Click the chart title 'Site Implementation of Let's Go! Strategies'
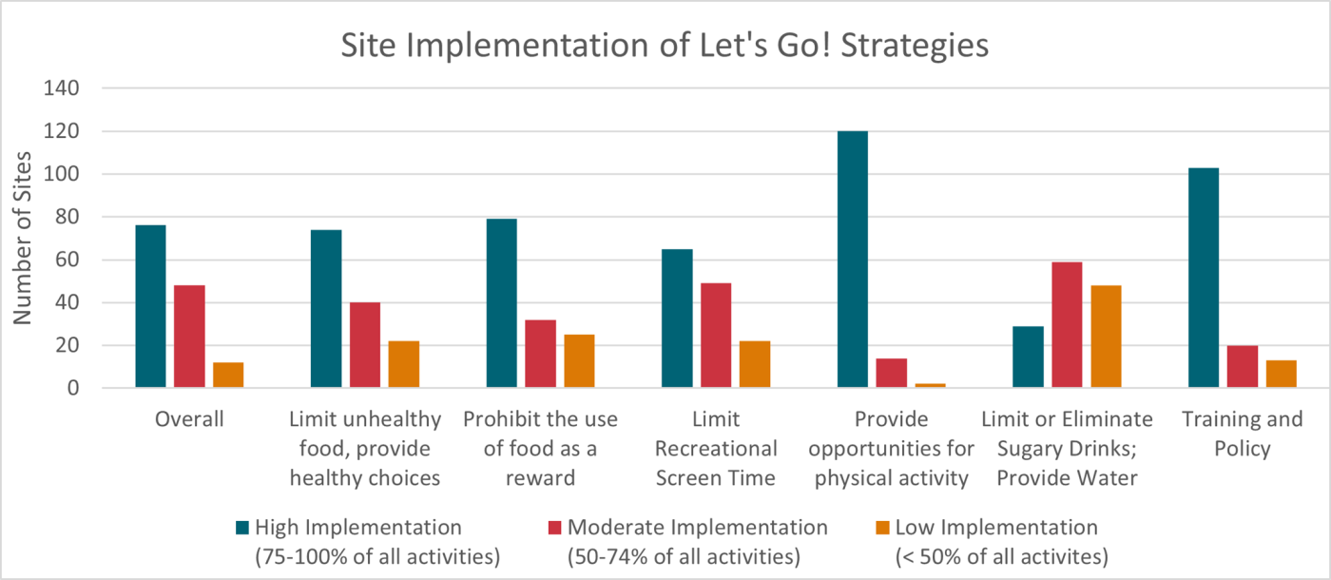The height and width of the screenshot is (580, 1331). tap(665, 46)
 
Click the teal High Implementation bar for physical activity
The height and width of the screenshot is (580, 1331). tap(853, 260)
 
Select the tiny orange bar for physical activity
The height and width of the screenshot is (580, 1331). tap(930, 385)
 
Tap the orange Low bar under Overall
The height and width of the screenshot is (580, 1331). tap(228, 375)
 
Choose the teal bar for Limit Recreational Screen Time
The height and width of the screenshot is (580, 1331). tap(677, 319)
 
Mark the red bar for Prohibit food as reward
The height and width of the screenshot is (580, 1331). tap(540, 354)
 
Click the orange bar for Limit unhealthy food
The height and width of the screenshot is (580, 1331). tap(404, 364)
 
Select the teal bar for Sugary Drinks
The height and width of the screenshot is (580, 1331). tap(1028, 358)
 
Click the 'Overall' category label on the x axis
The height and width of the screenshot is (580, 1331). tap(189, 419)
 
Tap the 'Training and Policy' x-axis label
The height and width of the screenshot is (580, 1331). tap(1242, 434)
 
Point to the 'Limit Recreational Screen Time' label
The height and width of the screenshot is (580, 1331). tap(716, 448)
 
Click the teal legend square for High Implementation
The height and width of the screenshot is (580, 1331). tap(242, 528)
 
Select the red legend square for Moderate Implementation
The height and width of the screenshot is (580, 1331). tap(554, 528)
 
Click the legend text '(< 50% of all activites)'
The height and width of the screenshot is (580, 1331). tap(1002, 555)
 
